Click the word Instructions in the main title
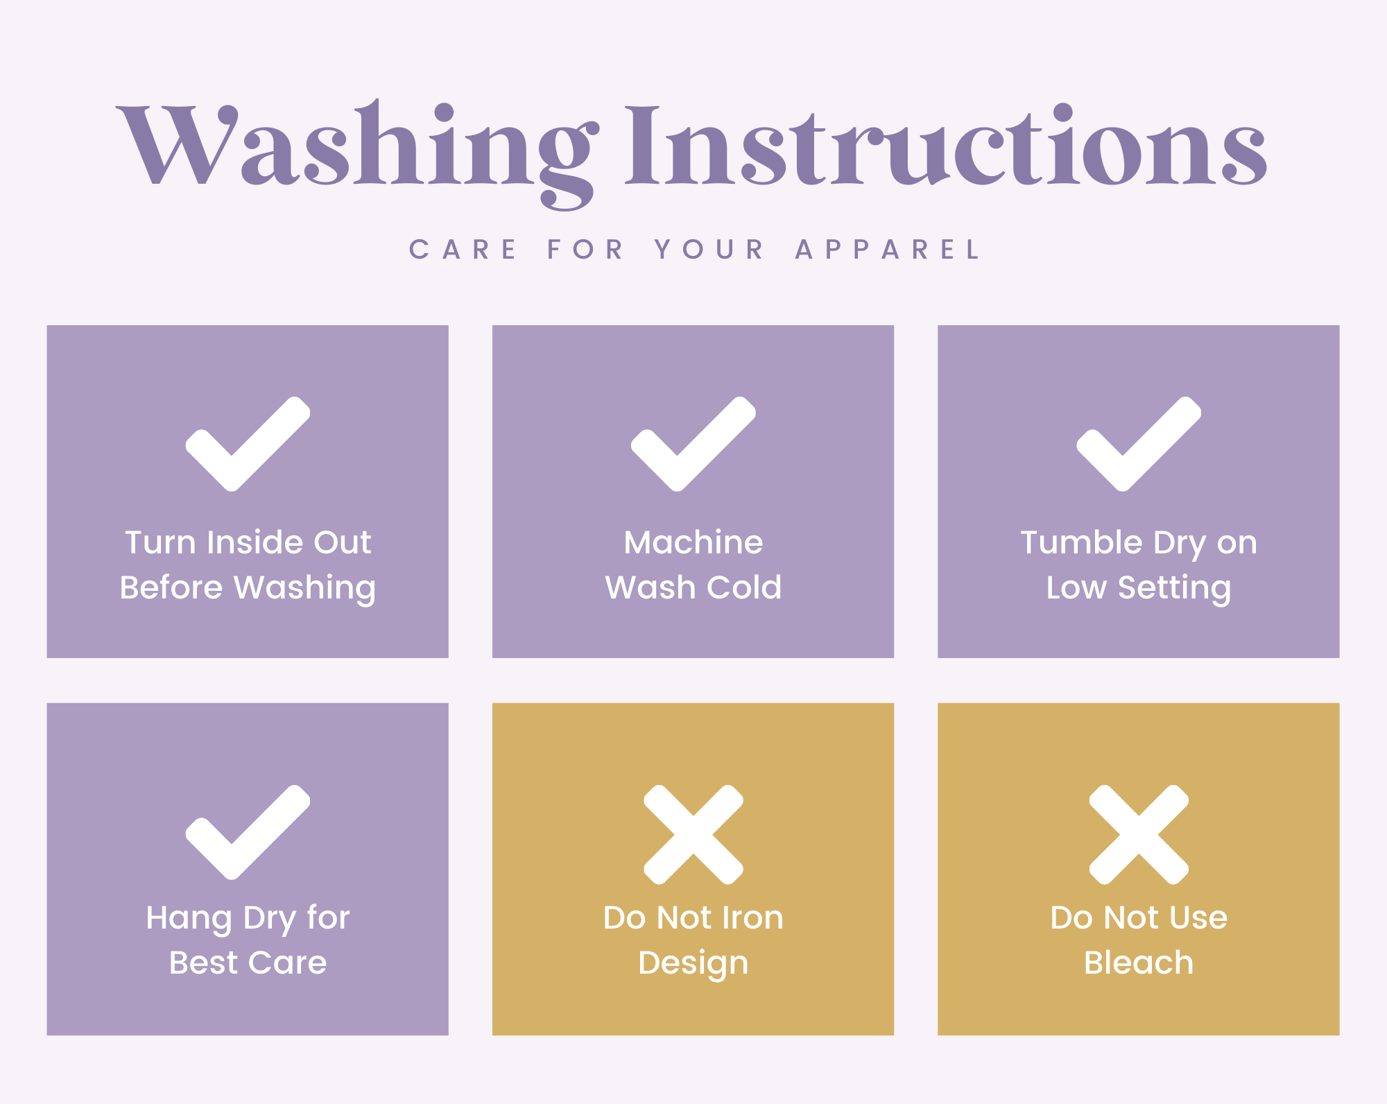point(946,144)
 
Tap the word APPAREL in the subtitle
point(888,250)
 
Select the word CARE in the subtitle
point(463,250)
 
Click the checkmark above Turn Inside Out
point(248,444)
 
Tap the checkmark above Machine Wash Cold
point(693,444)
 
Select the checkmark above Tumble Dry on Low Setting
point(1139,444)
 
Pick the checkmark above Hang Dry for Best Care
point(248,832)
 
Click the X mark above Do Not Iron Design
point(693,834)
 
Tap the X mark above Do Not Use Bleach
point(1139,834)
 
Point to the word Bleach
point(1139,963)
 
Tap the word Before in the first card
point(171,587)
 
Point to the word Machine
point(693,542)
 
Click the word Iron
point(753,917)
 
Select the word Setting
point(1174,589)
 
